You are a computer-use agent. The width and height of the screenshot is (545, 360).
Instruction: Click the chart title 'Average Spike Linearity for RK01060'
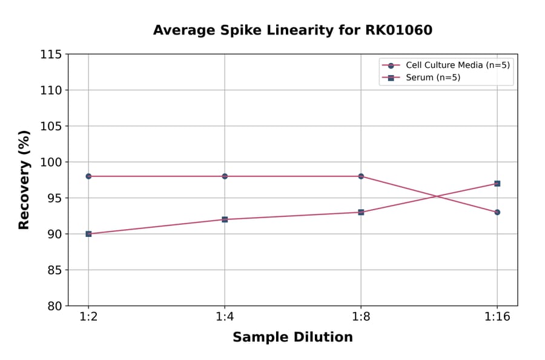point(292,30)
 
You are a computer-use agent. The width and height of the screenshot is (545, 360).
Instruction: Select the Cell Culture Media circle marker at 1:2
point(88,176)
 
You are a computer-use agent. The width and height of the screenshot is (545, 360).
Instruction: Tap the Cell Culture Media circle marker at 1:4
point(225,176)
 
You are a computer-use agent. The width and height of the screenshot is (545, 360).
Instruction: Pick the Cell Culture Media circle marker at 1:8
point(361,176)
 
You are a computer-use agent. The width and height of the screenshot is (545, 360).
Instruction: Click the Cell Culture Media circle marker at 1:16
point(497,212)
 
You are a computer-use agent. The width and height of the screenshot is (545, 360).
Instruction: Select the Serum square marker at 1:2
point(88,234)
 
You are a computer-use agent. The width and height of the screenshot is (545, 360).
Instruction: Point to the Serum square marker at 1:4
point(225,219)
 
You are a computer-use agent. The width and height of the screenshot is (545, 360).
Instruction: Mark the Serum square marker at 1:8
point(361,212)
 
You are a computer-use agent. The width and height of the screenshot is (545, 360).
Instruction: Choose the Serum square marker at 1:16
point(497,184)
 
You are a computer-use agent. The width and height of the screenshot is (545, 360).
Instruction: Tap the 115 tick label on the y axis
point(50,55)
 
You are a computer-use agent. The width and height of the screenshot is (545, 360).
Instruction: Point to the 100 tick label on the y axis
point(50,162)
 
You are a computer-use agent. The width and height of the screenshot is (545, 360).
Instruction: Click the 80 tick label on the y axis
point(53,306)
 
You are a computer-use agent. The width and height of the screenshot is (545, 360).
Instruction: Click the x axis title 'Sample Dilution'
point(292,338)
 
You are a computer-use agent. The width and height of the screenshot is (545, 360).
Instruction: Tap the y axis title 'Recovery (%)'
point(24,180)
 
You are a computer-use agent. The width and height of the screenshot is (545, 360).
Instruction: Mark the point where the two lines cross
point(436,196)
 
